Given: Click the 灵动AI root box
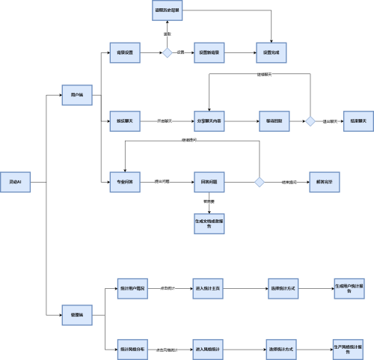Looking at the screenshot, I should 15,182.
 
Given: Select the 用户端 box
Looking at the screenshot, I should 76,95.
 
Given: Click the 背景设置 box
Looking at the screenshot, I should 125,53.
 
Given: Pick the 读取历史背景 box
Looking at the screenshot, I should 168,10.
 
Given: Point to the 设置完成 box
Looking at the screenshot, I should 271,53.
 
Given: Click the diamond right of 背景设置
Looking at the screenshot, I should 168,53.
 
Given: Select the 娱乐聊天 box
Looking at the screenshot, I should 125,120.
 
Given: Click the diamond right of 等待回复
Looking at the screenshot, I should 310,120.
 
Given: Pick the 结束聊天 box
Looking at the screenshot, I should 355,120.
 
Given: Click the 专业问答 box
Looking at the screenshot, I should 125,182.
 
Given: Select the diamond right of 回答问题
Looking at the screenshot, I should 260,182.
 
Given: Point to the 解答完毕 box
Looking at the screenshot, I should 325,182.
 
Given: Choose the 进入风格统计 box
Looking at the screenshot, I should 209,349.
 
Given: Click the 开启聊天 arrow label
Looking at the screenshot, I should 165,120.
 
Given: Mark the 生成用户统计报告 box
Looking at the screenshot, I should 349,288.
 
